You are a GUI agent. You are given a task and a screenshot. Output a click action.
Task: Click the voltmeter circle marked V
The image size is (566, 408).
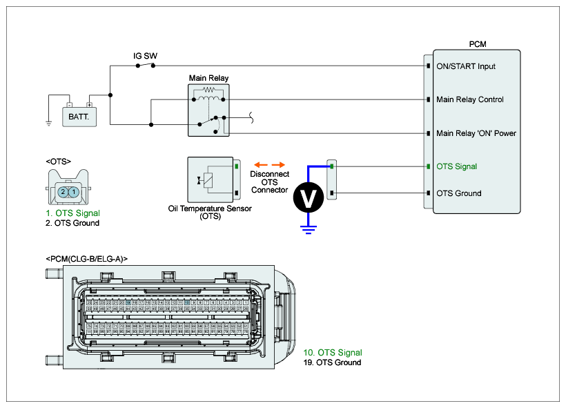coord(309,199)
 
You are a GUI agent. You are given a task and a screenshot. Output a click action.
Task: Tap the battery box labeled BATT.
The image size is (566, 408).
coord(79,117)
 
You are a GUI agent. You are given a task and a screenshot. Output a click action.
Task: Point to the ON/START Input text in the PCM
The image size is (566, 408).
coord(466,66)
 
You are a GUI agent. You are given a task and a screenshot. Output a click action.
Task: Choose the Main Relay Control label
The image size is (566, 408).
coord(470,99)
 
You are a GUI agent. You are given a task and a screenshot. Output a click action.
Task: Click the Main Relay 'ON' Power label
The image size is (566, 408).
coord(476,133)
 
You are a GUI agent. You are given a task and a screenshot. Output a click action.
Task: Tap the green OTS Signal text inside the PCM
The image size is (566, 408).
coord(456,166)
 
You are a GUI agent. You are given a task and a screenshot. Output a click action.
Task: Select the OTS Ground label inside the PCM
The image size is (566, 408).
coord(459,193)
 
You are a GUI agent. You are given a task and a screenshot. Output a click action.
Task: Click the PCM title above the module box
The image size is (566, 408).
coord(476,43)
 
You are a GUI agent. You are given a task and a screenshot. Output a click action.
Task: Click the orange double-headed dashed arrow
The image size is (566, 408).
coord(269,164)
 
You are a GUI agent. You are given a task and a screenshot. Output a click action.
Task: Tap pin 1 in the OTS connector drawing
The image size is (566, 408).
coord(73,192)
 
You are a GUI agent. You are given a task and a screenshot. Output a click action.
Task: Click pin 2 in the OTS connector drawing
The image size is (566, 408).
coord(63,192)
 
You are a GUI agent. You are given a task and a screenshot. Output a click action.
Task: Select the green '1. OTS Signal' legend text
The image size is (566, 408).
coord(73,213)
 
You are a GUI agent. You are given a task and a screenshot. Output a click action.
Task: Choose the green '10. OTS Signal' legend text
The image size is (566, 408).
coord(333,353)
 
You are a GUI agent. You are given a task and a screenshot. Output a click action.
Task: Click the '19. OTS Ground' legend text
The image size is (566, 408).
coord(332,362)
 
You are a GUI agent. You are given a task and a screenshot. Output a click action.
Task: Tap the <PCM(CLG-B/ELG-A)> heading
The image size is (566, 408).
coord(87,258)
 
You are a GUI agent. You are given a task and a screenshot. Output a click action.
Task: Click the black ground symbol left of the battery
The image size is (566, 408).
coord(49,124)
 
